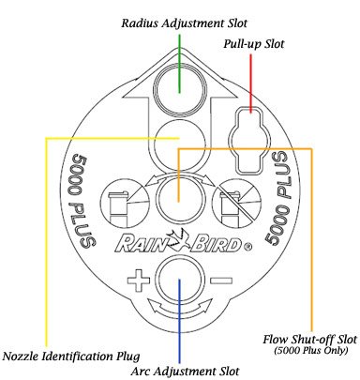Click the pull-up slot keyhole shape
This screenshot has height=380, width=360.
click(x=248, y=138)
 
